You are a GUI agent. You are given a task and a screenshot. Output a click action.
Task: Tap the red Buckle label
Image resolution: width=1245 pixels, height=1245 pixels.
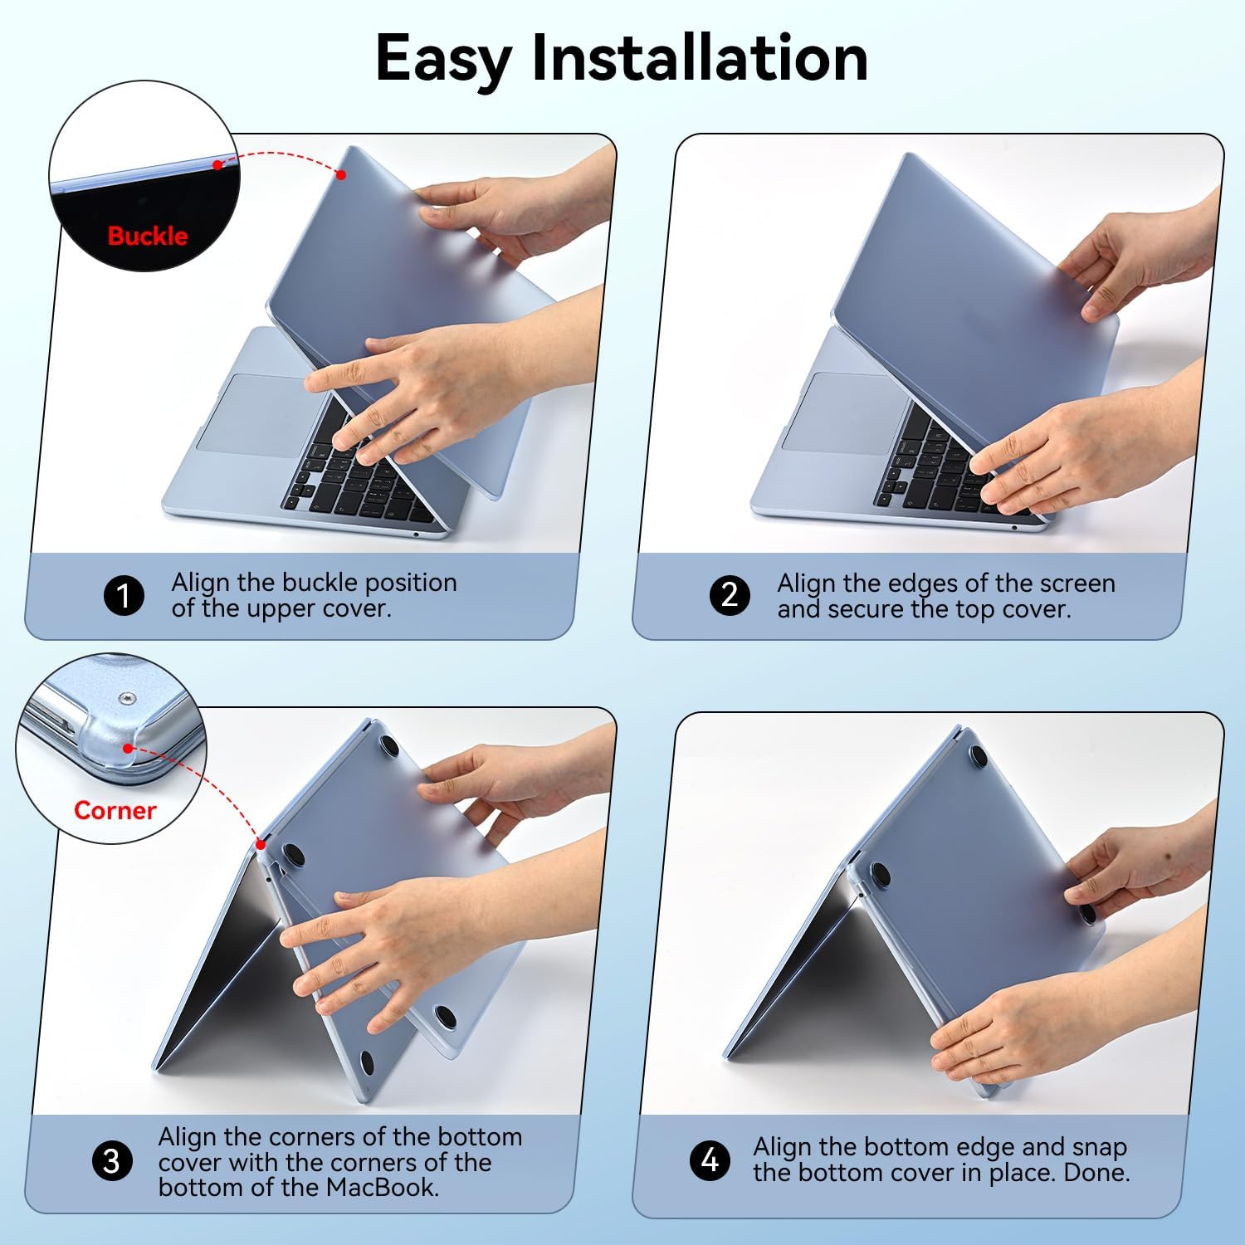pos(148,236)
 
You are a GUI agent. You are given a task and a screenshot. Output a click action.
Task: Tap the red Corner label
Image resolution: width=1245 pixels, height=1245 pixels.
pos(115,810)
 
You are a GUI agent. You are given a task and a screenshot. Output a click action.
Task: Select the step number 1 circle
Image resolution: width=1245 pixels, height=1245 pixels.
pos(124,596)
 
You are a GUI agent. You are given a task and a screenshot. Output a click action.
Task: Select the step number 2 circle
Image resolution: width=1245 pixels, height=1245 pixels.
pos(730,595)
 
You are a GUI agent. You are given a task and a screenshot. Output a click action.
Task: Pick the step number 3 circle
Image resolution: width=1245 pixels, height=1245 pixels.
pos(111,1160)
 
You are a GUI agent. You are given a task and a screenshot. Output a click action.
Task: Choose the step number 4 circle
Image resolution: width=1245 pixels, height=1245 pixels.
pos(710,1160)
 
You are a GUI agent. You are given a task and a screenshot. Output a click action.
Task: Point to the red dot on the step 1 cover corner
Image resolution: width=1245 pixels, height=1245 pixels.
pos(340,174)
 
